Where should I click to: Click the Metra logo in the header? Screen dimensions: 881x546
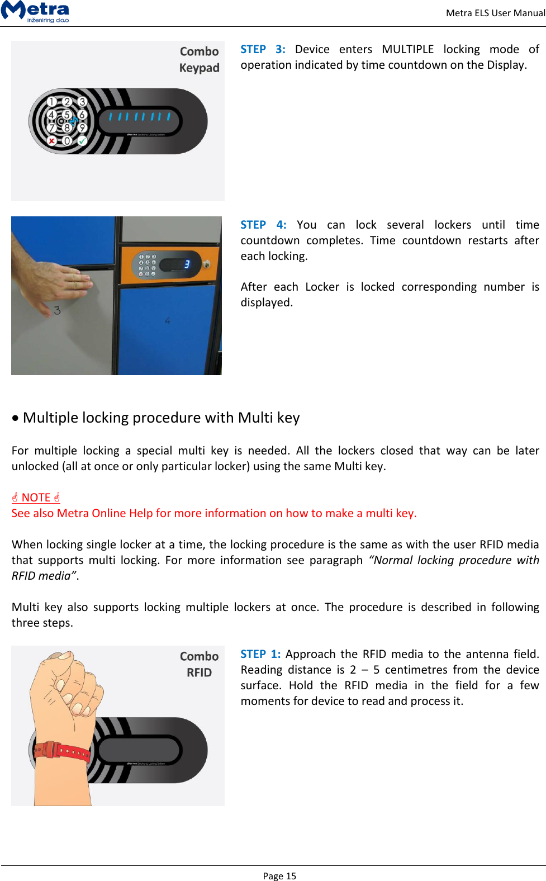[36, 11]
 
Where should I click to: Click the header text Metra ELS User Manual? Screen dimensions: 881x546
[495, 13]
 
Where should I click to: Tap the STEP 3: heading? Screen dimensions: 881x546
[263, 49]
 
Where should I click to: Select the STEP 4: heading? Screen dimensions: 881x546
[263, 225]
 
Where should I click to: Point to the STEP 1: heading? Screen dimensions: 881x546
[260, 654]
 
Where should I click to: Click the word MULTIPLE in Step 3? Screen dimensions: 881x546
[407, 49]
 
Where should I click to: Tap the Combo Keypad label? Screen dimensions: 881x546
[200, 59]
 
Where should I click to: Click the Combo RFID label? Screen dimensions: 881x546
[200, 664]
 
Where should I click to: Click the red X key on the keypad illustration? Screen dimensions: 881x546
[51, 141]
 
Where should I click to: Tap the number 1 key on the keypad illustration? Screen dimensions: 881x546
[51, 102]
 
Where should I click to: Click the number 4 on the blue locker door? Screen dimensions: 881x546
[167, 321]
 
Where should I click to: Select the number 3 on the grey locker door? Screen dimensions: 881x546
[57, 310]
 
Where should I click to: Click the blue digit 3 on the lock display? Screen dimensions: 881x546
[187, 264]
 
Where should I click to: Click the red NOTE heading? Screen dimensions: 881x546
[36, 498]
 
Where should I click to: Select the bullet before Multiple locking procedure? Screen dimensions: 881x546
[15, 418]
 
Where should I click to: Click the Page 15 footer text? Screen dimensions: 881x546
[279, 876]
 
